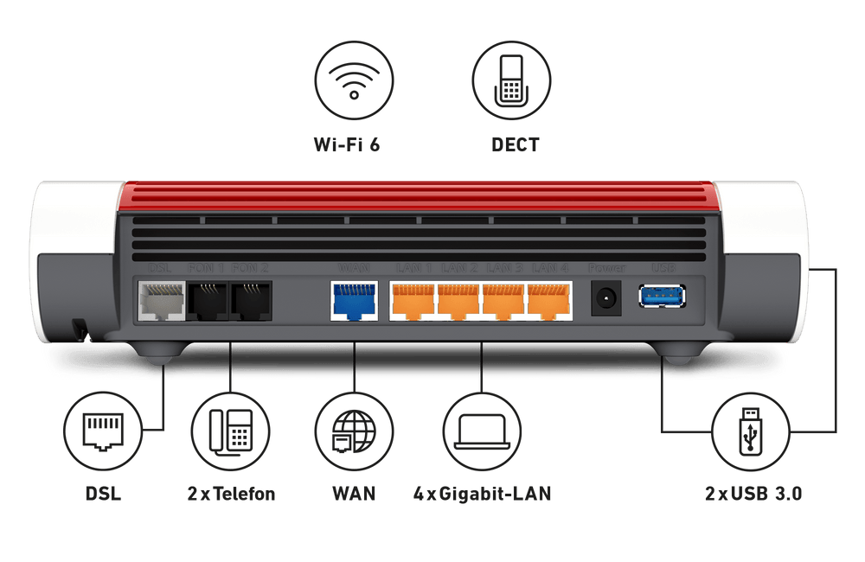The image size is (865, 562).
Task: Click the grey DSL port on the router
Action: (161, 301)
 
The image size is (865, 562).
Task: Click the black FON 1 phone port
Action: (208, 301)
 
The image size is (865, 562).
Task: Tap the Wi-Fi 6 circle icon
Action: (353, 77)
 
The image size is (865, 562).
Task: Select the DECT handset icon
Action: (514, 77)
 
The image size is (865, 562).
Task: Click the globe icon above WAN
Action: (353, 429)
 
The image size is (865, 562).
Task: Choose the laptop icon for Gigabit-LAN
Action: (481, 429)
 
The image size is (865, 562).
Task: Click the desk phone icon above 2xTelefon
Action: (230, 429)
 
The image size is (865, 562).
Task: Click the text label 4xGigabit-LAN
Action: (482, 495)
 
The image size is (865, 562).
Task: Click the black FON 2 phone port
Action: (252, 301)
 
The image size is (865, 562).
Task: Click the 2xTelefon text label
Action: (231, 495)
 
